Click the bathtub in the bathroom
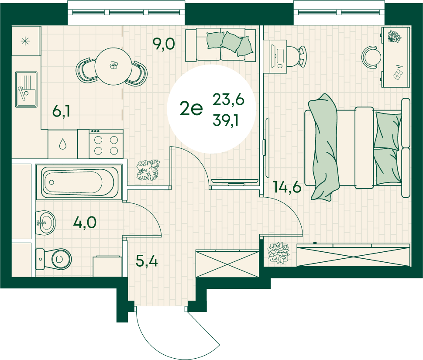click(79, 182)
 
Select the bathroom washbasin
click(45, 223)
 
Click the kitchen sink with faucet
click(26, 89)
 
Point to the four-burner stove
click(106, 144)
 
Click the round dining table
click(113, 66)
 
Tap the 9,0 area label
click(164, 44)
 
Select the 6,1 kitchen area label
click(61, 111)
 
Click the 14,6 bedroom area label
click(287, 187)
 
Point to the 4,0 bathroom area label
click(85, 223)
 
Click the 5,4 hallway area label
click(147, 261)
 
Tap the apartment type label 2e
click(191, 109)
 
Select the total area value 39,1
click(226, 120)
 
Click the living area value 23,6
click(228, 99)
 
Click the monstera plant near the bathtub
click(148, 171)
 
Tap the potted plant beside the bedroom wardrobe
click(278, 252)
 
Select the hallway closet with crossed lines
click(227, 264)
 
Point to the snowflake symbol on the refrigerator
click(25, 41)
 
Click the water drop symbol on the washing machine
click(63, 144)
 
